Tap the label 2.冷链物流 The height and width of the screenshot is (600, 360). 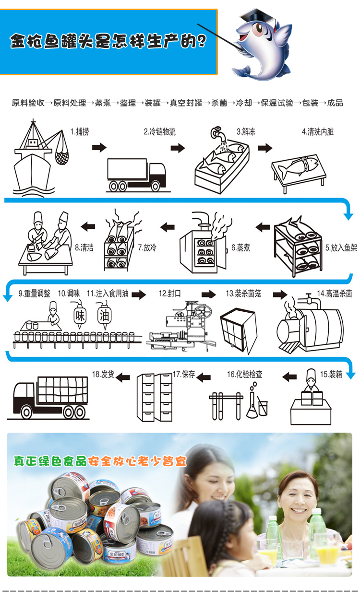[x=159, y=131]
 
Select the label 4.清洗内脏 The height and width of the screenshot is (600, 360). [x=318, y=131]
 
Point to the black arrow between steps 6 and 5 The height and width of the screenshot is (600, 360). [x=263, y=227]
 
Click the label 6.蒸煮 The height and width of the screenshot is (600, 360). [x=240, y=247]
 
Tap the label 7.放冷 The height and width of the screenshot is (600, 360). [x=147, y=247]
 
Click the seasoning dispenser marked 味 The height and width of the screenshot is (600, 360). [x=80, y=315]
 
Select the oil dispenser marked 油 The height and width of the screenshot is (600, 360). [x=104, y=315]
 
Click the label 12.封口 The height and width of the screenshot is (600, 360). [x=169, y=294]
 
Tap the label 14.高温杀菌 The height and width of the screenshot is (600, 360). [x=335, y=294]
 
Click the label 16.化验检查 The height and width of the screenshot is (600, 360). [x=245, y=374]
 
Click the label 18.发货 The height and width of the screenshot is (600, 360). [x=103, y=374]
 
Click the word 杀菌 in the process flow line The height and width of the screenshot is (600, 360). [x=219, y=103]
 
